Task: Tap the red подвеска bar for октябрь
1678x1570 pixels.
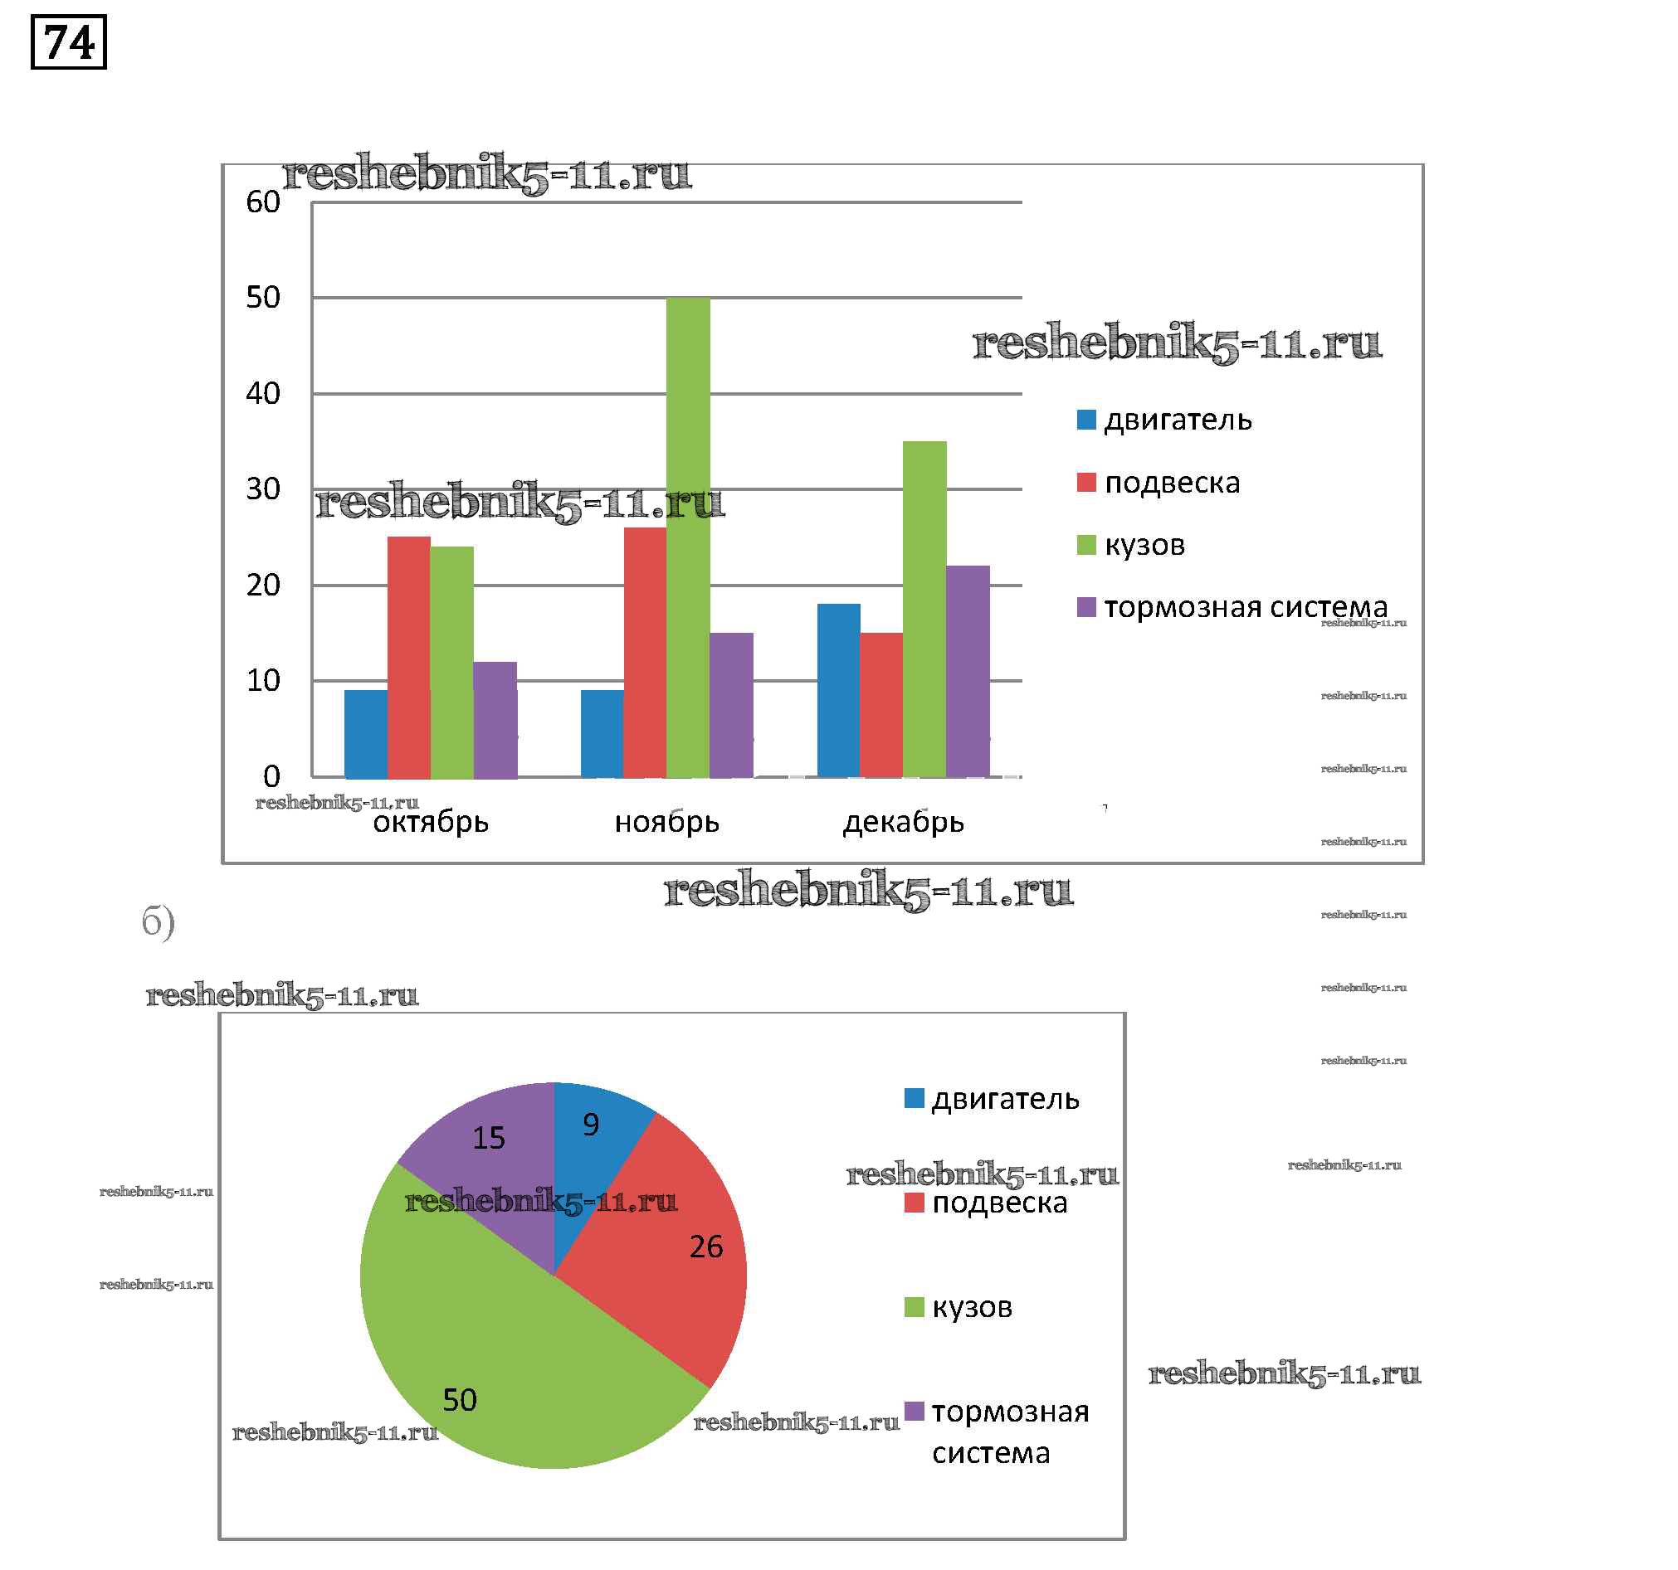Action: point(408,657)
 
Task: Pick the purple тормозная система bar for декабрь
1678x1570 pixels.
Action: point(968,672)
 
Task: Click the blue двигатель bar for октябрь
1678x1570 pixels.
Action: point(365,734)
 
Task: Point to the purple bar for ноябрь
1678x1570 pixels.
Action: point(731,705)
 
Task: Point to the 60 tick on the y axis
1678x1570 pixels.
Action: point(262,202)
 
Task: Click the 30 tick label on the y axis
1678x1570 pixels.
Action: point(262,489)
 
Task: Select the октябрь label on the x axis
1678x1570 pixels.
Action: point(431,822)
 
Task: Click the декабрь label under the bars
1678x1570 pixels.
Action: point(903,822)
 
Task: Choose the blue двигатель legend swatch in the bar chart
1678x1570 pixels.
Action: point(1086,420)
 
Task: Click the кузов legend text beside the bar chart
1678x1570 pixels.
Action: point(1144,546)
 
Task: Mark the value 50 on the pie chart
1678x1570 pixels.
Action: point(460,1401)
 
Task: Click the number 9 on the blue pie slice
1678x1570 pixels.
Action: point(591,1125)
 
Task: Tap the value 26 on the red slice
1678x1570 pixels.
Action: point(705,1247)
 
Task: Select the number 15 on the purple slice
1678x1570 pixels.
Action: point(489,1138)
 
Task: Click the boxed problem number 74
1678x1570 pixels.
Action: point(68,42)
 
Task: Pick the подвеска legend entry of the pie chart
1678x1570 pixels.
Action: point(999,1203)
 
